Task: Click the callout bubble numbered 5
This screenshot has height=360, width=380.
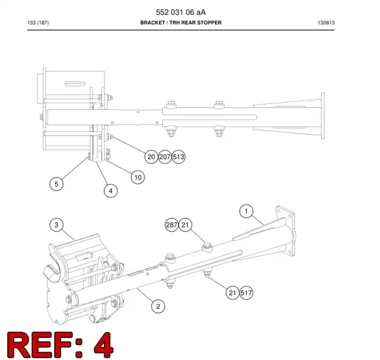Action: click(x=56, y=184)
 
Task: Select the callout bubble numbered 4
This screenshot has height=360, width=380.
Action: click(x=110, y=191)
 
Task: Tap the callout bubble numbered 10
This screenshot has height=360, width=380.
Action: click(x=138, y=177)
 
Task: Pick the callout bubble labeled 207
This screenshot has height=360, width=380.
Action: click(x=165, y=157)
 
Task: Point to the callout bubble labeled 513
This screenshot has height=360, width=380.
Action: click(x=179, y=157)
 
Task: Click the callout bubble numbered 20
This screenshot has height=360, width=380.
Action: click(x=151, y=157)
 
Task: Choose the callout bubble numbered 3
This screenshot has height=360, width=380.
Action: click(x=56, y=225)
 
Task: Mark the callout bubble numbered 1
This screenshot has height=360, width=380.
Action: click(x=246, y=211)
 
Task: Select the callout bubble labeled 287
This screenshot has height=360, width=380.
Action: click(x=172, y=225)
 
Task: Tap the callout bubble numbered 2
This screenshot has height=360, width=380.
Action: click(x=158, y=306)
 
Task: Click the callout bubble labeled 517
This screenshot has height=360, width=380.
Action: click(x=246, y=293)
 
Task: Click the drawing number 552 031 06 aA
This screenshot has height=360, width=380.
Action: click(x=180, y=12)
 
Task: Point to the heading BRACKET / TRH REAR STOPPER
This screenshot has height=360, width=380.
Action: click(x=180, y=23)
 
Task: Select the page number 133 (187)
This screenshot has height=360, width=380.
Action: click(x=38, y=23)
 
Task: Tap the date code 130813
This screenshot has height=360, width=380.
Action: click(x=326, y=23)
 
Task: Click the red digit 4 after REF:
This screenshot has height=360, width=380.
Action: click(x=103, y=345)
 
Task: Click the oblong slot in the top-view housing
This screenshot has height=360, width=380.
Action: click(x=75, y=84)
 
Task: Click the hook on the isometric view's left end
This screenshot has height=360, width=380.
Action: click(x=52, y=271)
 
